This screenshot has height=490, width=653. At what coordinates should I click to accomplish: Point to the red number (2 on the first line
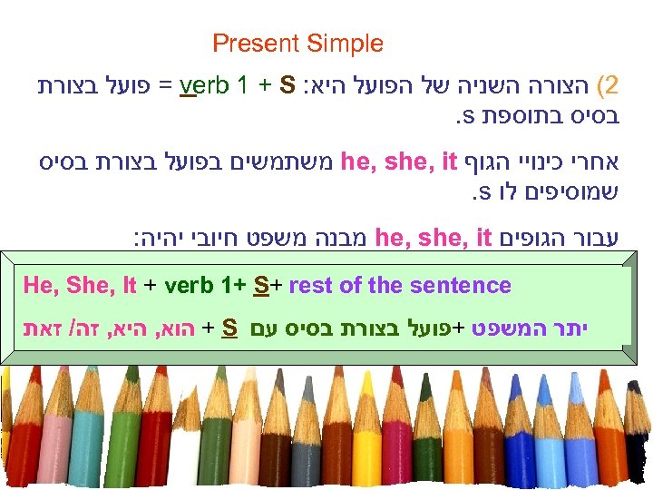613,86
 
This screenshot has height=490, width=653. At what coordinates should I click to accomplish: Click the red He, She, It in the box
80,286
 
